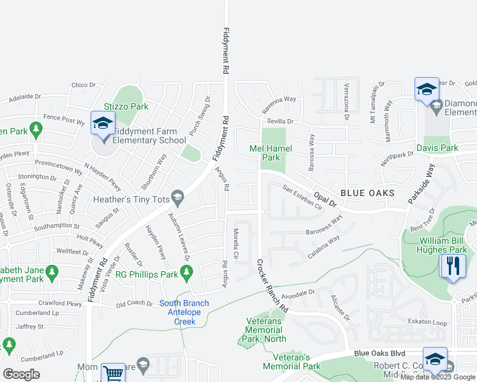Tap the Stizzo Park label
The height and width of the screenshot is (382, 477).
click(128, 106)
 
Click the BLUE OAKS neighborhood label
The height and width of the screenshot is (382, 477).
click(367, 192)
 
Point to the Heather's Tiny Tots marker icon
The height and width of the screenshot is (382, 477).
click(179, 200)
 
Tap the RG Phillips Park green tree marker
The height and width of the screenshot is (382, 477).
click(186, 274)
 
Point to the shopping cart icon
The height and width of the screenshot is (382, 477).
click(113, 372)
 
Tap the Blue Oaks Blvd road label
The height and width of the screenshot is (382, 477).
click(380, 353)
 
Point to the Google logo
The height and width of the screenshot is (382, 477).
click(21, 374)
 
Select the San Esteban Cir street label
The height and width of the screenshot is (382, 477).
click(304, 196)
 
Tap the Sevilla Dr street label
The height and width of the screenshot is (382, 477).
click(280, 121)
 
